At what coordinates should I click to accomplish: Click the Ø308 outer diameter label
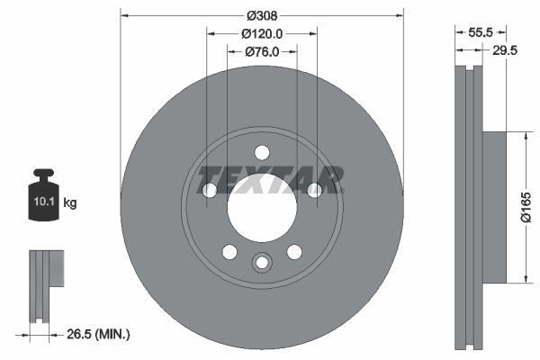tap(261, 15)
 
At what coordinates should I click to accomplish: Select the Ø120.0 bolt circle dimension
tap(262, 33)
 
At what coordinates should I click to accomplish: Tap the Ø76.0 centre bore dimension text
tap(262, 52)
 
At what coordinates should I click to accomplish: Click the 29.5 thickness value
tap(505, 51)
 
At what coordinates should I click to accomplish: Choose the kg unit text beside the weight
tap(70, 203)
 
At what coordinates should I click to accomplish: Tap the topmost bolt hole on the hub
tap(262, 152)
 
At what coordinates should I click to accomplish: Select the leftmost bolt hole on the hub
tap(209, 190)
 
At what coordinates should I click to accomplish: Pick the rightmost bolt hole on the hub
tap(315, 190)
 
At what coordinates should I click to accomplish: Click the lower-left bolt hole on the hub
tap(229, 251)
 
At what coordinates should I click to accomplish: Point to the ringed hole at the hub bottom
tap(262, 263)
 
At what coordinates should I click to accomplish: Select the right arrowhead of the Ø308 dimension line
tap(400, 15)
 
